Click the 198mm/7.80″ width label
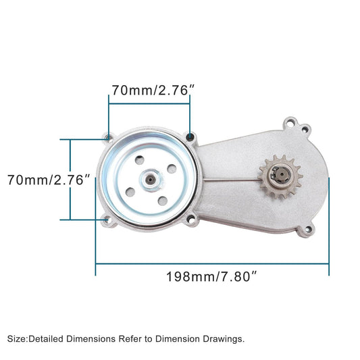point(211,276)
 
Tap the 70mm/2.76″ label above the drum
point(150,88)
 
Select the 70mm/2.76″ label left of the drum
point(49,180)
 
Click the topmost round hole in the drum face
point(138,159)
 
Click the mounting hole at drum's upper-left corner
point(109,138)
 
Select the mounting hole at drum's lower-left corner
point(105,220)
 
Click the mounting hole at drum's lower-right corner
point(192,220)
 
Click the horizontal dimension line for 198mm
point(211,264)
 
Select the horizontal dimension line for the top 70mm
point(149,104)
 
